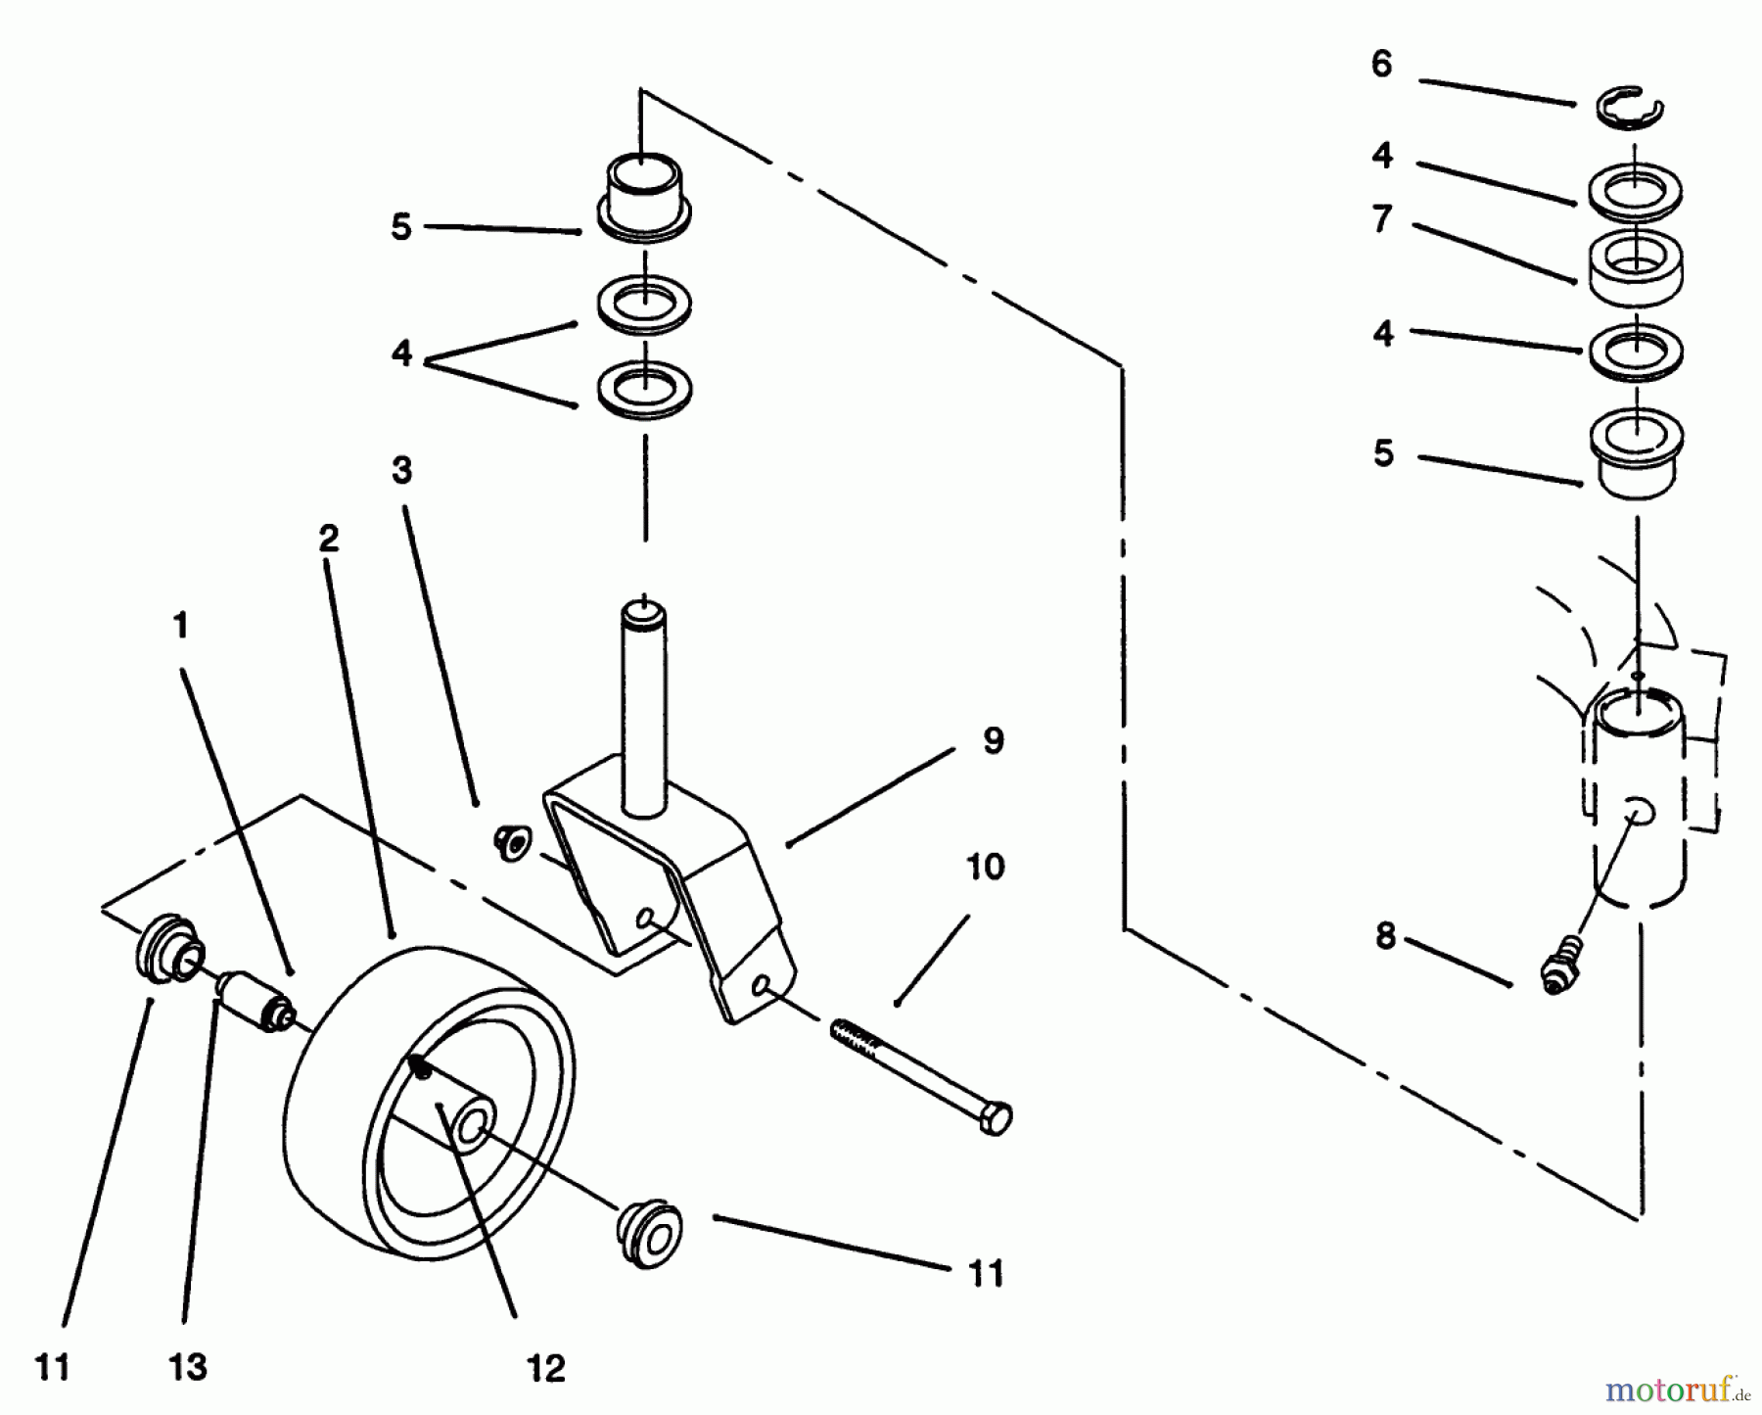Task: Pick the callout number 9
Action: click(993, 741)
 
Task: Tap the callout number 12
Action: click(545, 1368)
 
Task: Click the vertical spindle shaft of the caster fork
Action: click(644, 705)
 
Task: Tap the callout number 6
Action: click(1381, 65)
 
